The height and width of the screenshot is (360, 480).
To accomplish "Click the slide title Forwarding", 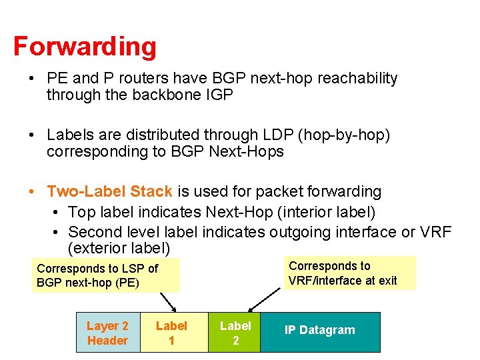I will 85,47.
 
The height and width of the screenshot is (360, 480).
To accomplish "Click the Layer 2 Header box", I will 107,333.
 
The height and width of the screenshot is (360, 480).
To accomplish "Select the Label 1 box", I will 171,333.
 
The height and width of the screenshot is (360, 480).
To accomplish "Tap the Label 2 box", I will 235,332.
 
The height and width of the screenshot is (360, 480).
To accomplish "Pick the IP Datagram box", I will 320,330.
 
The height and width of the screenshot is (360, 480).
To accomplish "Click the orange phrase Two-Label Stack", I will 110,192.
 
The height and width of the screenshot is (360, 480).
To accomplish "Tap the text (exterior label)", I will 119,249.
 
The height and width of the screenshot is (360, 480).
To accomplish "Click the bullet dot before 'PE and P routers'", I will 32,79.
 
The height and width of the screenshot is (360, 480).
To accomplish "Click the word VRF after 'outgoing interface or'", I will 436,232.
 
